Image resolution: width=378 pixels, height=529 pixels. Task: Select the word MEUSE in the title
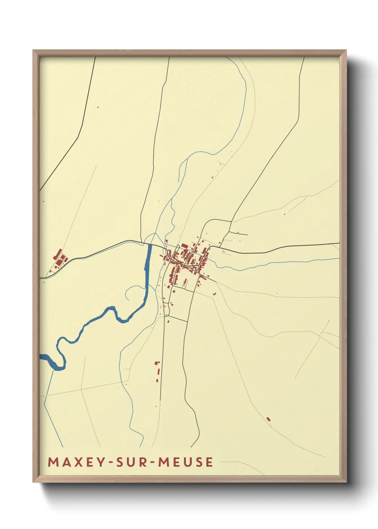[186, 462]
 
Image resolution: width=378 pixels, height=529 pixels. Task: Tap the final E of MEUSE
[209, 462]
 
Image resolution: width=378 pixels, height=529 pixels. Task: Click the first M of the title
[53, 462]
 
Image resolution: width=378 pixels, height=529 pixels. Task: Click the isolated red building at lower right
[269, 419]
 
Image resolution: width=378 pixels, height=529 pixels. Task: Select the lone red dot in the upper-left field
[98, 107]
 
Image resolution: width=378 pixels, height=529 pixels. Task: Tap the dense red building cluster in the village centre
[188, 257]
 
